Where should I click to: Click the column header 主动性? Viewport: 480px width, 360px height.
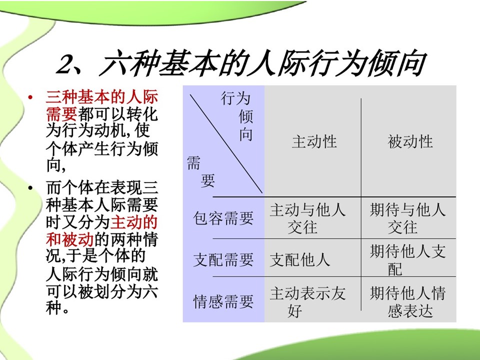click(314, 142)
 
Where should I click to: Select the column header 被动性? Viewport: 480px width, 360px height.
click(410, 142)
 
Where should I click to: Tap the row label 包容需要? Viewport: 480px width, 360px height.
click(223, 218)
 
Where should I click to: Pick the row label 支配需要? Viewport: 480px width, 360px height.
click(223, 260)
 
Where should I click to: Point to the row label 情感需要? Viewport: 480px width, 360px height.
click(223, 301)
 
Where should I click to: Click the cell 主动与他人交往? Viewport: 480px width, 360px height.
click(307, 218)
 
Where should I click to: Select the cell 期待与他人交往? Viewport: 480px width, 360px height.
click(407, 218)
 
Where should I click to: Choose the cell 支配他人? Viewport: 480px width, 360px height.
click(299, 260)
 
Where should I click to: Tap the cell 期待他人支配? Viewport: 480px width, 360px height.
click(407, 260)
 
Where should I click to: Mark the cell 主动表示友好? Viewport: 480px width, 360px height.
click(307, 302)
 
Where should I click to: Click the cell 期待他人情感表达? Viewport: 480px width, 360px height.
click(407, 302)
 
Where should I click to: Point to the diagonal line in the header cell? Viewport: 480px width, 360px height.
click(226, 143)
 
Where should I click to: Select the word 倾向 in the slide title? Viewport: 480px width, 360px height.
click(397, 63)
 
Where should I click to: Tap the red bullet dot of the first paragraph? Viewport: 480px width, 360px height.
click(30, 97)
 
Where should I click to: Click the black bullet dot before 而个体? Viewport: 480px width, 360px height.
click(30, 187)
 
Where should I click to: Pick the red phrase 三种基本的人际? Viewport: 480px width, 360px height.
click(101, 96)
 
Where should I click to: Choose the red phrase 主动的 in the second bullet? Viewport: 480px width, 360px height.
click(134, 222)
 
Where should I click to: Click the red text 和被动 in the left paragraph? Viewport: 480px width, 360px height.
click(70, 239)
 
